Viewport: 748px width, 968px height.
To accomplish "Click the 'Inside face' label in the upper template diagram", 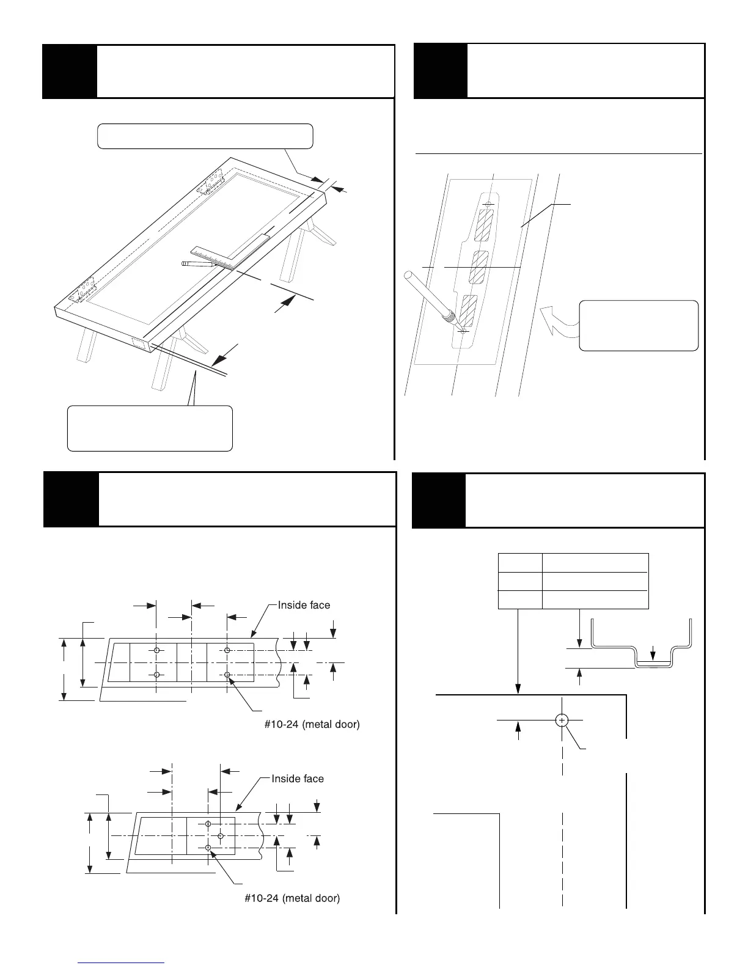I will (304, 605).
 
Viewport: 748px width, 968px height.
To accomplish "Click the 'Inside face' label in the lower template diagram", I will (298, 779).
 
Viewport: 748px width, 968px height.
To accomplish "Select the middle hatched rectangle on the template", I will (477, 267).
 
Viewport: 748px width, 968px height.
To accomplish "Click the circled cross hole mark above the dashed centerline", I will (562, 721).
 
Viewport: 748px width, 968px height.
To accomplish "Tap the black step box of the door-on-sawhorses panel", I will (69, 71).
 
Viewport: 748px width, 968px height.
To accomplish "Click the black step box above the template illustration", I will (440, 71).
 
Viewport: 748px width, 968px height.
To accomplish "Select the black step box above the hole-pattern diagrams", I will (70, 499).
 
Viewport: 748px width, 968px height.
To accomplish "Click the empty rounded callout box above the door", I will (205, 136).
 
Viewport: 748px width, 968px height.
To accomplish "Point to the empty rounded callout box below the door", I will (150, 428).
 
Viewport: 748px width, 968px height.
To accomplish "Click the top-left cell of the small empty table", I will (520, 563).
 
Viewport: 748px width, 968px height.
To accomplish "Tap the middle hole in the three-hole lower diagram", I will (221, 835).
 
